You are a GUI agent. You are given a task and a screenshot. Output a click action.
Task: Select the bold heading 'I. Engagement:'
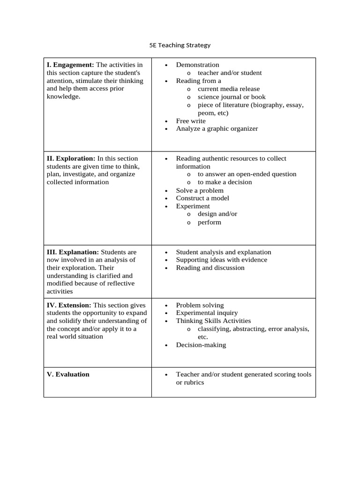(70, 65)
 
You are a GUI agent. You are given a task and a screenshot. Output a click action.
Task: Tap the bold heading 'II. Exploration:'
(71, 158)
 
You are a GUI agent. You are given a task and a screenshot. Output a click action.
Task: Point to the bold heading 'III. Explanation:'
(73, 252)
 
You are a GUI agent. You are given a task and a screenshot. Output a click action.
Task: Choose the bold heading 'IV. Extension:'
(69, 305)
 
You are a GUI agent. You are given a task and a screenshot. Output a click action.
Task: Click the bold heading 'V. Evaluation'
(68, 375)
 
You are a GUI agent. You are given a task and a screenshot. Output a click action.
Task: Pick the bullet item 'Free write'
(191, 121)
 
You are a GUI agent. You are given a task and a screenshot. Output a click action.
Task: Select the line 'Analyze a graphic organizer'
(217, 128)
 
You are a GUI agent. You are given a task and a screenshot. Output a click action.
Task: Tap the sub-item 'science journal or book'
(232, 97)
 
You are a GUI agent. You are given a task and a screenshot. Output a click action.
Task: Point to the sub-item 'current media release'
(228, 89)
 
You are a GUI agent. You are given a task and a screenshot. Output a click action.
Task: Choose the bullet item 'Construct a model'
(202, 198)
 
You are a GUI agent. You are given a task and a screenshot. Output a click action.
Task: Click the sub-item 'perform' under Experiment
(209, 223)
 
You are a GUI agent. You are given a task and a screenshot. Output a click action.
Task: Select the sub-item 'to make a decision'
(225, 182)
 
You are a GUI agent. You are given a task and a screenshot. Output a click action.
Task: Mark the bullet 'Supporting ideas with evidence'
(221, 260)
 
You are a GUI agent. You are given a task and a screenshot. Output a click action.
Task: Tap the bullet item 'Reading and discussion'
(210, 268)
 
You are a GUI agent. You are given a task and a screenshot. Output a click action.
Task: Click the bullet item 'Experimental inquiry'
(207, 313)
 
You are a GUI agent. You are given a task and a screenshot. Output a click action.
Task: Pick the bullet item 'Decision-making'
(201, 345)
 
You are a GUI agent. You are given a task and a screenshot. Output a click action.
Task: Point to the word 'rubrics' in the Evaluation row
(194, 382)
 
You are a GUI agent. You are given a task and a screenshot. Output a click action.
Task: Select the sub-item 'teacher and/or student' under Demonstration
(230, 73)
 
